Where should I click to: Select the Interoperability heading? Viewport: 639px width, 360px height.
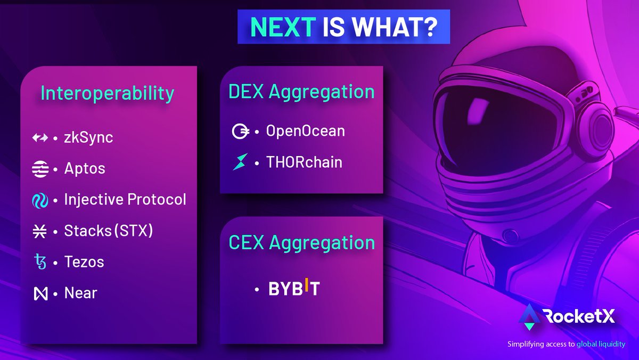(108, 93)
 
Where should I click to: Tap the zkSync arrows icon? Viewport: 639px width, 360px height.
(40, 138)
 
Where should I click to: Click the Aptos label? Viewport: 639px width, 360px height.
(85, 169)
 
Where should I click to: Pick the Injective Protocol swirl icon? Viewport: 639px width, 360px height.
(40, 200)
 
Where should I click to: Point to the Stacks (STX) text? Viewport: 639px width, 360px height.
(109, 231)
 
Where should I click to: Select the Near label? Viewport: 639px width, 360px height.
(80, 293)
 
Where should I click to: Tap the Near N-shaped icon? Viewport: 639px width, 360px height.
(40, 293)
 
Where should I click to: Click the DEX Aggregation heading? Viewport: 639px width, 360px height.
(301, 92)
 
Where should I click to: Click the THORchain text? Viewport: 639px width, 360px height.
(304, 162)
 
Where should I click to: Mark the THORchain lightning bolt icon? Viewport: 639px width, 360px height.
(240, 162)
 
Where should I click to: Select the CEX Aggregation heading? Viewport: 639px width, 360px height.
(301, 242)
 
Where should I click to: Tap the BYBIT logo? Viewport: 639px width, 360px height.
(294, 289)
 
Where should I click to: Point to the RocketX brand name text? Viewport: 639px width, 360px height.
(579, 318)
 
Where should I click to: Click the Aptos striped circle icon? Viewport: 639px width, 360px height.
(40, 169)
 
